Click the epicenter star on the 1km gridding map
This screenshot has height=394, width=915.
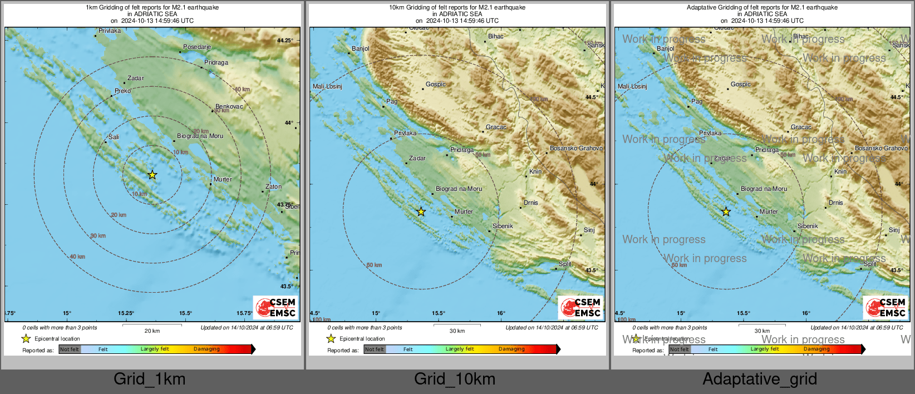[x=152, y=175]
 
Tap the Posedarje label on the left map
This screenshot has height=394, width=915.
[x=197, y=47]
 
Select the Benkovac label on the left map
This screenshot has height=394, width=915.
[x=229, y=106]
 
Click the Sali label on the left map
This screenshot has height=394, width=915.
[x=114, y=137]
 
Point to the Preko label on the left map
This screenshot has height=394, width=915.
[x=122, y=91]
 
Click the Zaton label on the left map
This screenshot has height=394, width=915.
[x=273, y=187]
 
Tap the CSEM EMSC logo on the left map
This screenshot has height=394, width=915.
[x=276, y=307]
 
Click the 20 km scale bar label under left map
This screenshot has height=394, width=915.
[x=152, y=331]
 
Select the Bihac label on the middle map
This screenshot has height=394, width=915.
[x=495, y=37]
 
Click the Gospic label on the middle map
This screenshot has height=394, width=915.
[x=435, y=85]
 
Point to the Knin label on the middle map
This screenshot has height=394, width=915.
[x=535, y=172]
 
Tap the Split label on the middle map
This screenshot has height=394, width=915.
[x=565, y=264]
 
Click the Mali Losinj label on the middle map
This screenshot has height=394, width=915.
[x=327, y=87]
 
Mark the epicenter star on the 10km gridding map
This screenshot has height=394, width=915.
[x=421, y=211]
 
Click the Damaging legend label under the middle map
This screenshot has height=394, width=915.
[x=511, y=349]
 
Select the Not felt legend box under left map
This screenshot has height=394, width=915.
[x=70, y=349]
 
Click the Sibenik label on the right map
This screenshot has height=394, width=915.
[x=808, y=226]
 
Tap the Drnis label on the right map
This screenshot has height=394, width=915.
[x=835, y=203]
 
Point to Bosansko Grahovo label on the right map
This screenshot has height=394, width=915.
[x=881, y=149]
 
